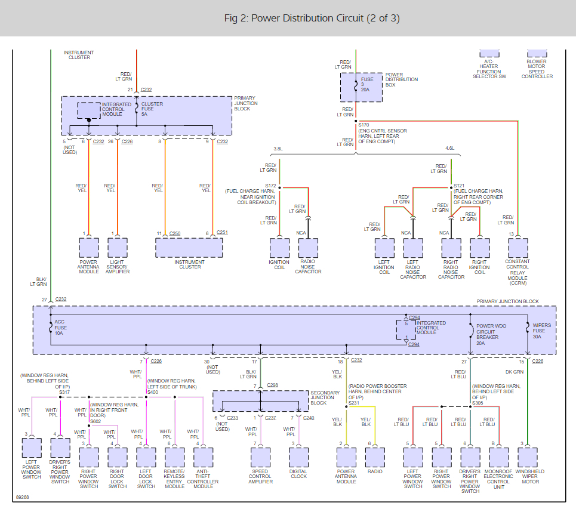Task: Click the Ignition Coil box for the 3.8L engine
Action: [279, 248]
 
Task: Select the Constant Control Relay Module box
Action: [518, 248]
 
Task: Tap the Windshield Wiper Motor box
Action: [528, 457]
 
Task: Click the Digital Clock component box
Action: [298, 457]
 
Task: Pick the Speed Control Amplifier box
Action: [260, 457]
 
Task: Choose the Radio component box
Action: [375, 457]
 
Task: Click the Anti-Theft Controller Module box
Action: [203, 457]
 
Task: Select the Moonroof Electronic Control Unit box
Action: [499, 457]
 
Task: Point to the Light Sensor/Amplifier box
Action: [118, 248]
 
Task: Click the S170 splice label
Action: [364, 125]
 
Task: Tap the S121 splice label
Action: [459, 186]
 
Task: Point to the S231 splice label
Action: [354, 403]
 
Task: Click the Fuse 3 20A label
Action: [367, 85]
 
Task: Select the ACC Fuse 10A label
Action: [61, 328]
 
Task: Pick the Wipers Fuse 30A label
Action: [542, 331]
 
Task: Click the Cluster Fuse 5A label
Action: [152, 109]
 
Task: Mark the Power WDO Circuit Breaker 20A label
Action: [491, 335]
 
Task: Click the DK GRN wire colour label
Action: [515, 372]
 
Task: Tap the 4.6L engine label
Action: [450, 149]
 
